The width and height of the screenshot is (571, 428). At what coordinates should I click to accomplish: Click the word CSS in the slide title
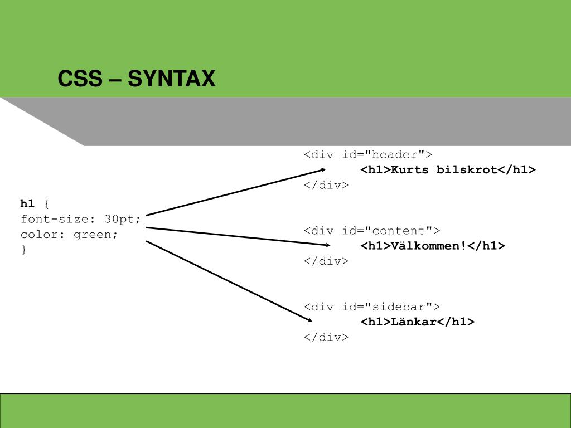80,79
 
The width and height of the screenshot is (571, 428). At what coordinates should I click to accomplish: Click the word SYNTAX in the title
171,79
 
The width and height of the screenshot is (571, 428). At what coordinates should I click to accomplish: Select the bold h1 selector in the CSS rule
27,203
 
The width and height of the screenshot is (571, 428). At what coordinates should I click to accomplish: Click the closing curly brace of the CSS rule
24,250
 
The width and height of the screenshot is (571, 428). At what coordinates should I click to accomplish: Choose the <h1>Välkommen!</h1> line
433,246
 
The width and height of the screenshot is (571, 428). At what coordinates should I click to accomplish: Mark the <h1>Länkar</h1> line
417,322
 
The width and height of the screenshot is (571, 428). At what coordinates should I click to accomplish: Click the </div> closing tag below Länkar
326,337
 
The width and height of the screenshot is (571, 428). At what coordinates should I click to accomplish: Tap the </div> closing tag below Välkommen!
326,261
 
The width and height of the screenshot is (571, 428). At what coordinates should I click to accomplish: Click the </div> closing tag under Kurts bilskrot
326,185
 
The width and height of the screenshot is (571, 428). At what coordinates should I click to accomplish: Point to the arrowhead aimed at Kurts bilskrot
322,169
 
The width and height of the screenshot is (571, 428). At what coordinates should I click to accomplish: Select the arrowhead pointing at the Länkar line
309,320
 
